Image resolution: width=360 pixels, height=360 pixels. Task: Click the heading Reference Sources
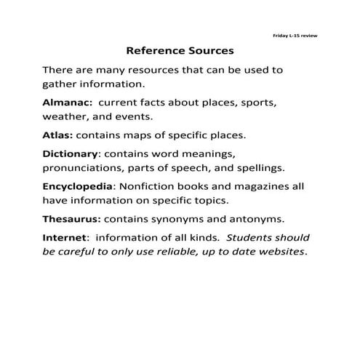point(180,52)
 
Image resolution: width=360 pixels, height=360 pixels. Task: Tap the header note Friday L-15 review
point(294,35)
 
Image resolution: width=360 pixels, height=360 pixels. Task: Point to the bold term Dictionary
point(71,154)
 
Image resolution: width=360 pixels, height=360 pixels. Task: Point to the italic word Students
point(252,238)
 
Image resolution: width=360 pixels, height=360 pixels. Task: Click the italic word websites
point(279,252)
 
